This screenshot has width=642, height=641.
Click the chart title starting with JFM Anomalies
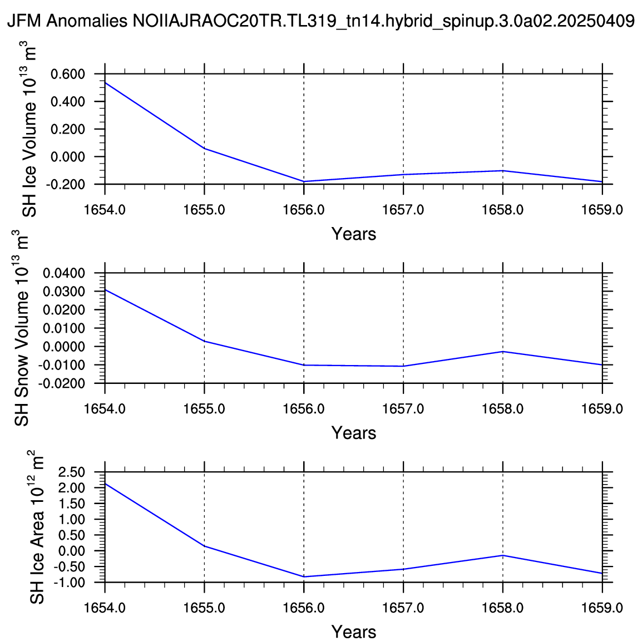[x=320, y=21]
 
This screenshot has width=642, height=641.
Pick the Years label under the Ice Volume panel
[x=354, y=234]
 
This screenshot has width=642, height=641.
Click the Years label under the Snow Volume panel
[x=354, y=433]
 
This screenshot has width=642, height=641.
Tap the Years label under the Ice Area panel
[x=354, y=632]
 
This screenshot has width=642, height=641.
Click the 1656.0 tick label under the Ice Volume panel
[x=304, y=209]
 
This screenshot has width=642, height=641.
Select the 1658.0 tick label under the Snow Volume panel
[x=503, y=408]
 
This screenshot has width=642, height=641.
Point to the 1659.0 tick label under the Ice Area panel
[x=602, y=608]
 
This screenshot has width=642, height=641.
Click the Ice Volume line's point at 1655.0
[x=205, y=149]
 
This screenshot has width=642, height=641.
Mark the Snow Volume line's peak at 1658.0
[x=503, y=352]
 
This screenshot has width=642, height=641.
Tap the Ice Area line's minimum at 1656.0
[x=304, y=577]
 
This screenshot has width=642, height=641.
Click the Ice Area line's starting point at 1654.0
[x=105, y=484]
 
